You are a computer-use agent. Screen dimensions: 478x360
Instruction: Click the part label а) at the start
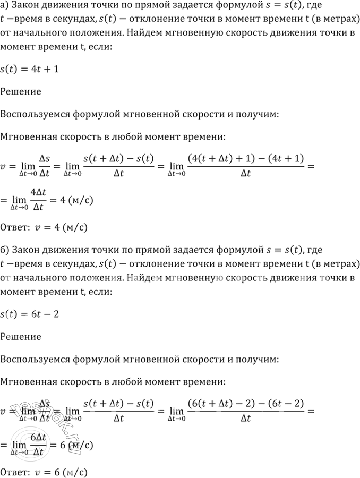click(5, 7)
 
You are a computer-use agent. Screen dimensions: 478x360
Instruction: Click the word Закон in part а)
click(25, 7)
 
